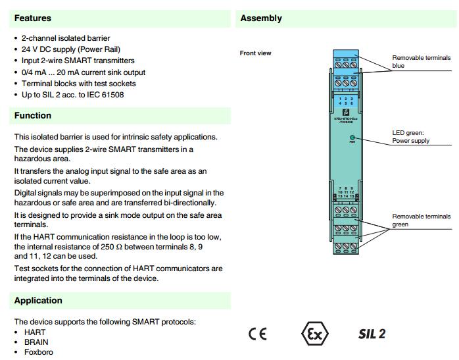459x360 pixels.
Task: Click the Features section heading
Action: coord(33,18)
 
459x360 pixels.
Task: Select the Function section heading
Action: coord(33,116)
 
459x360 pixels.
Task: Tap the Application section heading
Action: coord(38,301)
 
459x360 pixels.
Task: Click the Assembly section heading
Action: coord(261,18)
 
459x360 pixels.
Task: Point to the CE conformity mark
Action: coord(258,334)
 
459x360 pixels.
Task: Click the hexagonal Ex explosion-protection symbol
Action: coord(315,334)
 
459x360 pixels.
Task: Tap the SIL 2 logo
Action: coord(372,334)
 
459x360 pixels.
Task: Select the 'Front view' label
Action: coord(255,53)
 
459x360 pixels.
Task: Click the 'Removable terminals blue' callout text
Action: coord(422,62)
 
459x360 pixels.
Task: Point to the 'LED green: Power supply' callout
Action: coord(411,137)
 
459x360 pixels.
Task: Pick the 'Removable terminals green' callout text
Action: coord(422,220)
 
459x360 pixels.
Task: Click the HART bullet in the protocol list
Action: coord(35,332)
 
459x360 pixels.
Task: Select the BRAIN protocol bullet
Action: coord(36,342)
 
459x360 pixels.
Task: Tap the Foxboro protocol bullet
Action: coord(39,352)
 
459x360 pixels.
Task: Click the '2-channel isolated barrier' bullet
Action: coord(66,38)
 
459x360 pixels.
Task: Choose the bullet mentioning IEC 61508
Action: coord(72,95)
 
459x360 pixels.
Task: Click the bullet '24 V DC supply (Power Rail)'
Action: coord(71,49)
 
